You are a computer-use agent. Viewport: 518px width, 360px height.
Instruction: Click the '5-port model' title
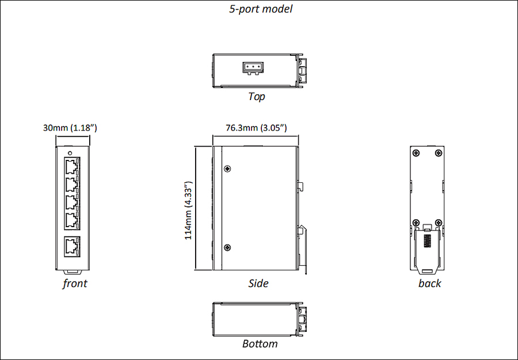(261, 9)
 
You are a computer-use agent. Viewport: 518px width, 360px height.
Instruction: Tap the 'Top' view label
(256, 97)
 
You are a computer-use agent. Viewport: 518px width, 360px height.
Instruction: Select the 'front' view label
(75, 283)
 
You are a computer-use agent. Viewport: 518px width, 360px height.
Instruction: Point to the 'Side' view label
(258, 283)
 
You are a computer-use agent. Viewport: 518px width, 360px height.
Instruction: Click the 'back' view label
(429, 283)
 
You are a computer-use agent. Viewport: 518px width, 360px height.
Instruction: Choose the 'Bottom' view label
(260, 343)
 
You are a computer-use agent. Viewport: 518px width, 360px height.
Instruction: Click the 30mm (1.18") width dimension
(70, 128)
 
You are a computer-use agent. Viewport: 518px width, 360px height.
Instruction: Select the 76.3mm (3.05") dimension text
(256, 128)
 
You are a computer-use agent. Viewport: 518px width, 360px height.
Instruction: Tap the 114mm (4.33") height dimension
(188, 210)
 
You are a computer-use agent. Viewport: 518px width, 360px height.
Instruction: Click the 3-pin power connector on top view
(253, 68)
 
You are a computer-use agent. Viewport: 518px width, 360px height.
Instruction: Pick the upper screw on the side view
(227, 169)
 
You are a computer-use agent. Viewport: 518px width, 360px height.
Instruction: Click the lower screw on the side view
(227, 248)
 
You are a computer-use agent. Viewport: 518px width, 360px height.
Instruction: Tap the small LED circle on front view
(70, 153)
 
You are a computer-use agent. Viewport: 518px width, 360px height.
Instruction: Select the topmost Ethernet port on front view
(72, 167)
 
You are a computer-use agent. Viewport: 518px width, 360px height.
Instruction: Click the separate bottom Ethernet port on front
(72, 246)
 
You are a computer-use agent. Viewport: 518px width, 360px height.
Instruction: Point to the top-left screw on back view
(416, 153)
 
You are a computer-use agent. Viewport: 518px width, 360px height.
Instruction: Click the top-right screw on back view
(439, 153)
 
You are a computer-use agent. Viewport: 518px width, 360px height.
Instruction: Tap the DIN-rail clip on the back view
(427, 249)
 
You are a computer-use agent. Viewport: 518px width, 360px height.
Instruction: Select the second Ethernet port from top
(72, 185)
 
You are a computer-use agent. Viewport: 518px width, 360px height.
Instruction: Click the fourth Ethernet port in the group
(72, 220)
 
